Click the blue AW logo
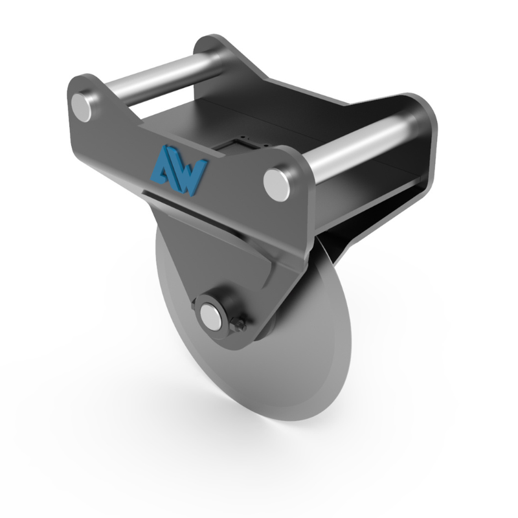(x=179, y=167)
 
